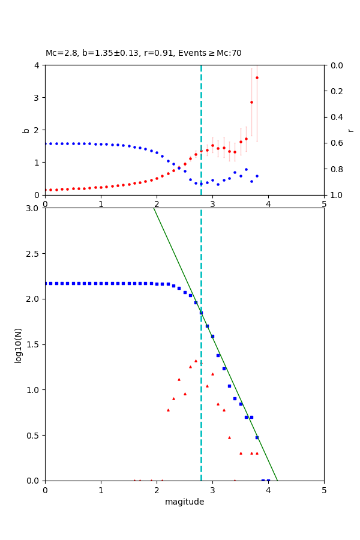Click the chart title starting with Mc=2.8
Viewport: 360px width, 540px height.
(143, 53)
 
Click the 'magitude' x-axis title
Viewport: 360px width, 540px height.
(184, 502)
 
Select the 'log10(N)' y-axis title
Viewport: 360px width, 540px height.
(18, 344)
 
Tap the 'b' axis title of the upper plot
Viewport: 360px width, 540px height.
(26, 130)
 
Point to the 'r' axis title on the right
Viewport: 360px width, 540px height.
(350, 130)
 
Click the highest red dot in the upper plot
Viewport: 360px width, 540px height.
(257, 77)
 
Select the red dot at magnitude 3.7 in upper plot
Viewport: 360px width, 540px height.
(251, 102)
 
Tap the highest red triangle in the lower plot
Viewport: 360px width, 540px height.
(196, 361)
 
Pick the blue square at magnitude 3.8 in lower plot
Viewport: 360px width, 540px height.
(257, 437)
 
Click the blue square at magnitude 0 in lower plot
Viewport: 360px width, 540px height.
(46, 283)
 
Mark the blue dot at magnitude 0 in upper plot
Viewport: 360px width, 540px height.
(46, 143)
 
